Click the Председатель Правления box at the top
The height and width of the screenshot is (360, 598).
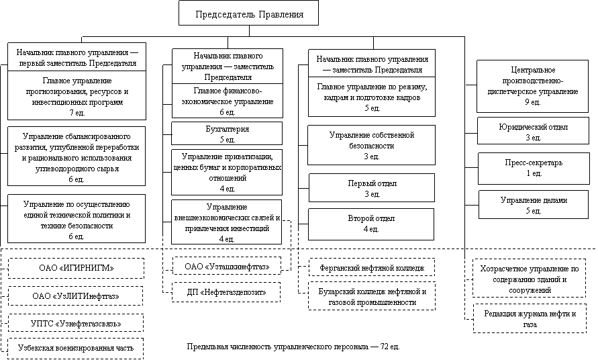pos(248,13)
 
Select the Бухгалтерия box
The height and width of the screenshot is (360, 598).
pos(227,133)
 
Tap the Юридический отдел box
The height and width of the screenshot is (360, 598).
pos(533,131)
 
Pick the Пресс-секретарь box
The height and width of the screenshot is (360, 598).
pos(534,169)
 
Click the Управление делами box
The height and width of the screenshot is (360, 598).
pos(534,205)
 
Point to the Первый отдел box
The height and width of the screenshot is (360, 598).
pos(372,188)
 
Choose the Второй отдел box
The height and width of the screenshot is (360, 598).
pos(371,224)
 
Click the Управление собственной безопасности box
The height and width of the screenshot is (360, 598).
pos(371,145)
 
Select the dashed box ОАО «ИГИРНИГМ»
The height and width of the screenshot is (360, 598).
pos(77,268)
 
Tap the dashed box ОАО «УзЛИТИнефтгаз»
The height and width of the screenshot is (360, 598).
pos(76,296)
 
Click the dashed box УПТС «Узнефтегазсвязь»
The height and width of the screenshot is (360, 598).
pos(76,324)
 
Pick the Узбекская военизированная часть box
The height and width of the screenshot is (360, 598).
pos(76,348)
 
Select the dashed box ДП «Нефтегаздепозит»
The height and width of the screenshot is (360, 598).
pos(226,292)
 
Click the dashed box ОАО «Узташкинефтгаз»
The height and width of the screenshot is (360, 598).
pos(227,266)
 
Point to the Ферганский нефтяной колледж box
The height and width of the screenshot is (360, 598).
pos(372,268)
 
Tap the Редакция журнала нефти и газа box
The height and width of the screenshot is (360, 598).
pos(530,319)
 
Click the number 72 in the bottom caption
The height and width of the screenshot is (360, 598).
pos(384,347)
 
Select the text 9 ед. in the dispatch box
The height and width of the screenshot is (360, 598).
pos(533,102)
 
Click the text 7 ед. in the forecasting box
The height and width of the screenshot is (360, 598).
pos(77,113)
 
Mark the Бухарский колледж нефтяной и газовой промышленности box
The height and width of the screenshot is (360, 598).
pos(372,297)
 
